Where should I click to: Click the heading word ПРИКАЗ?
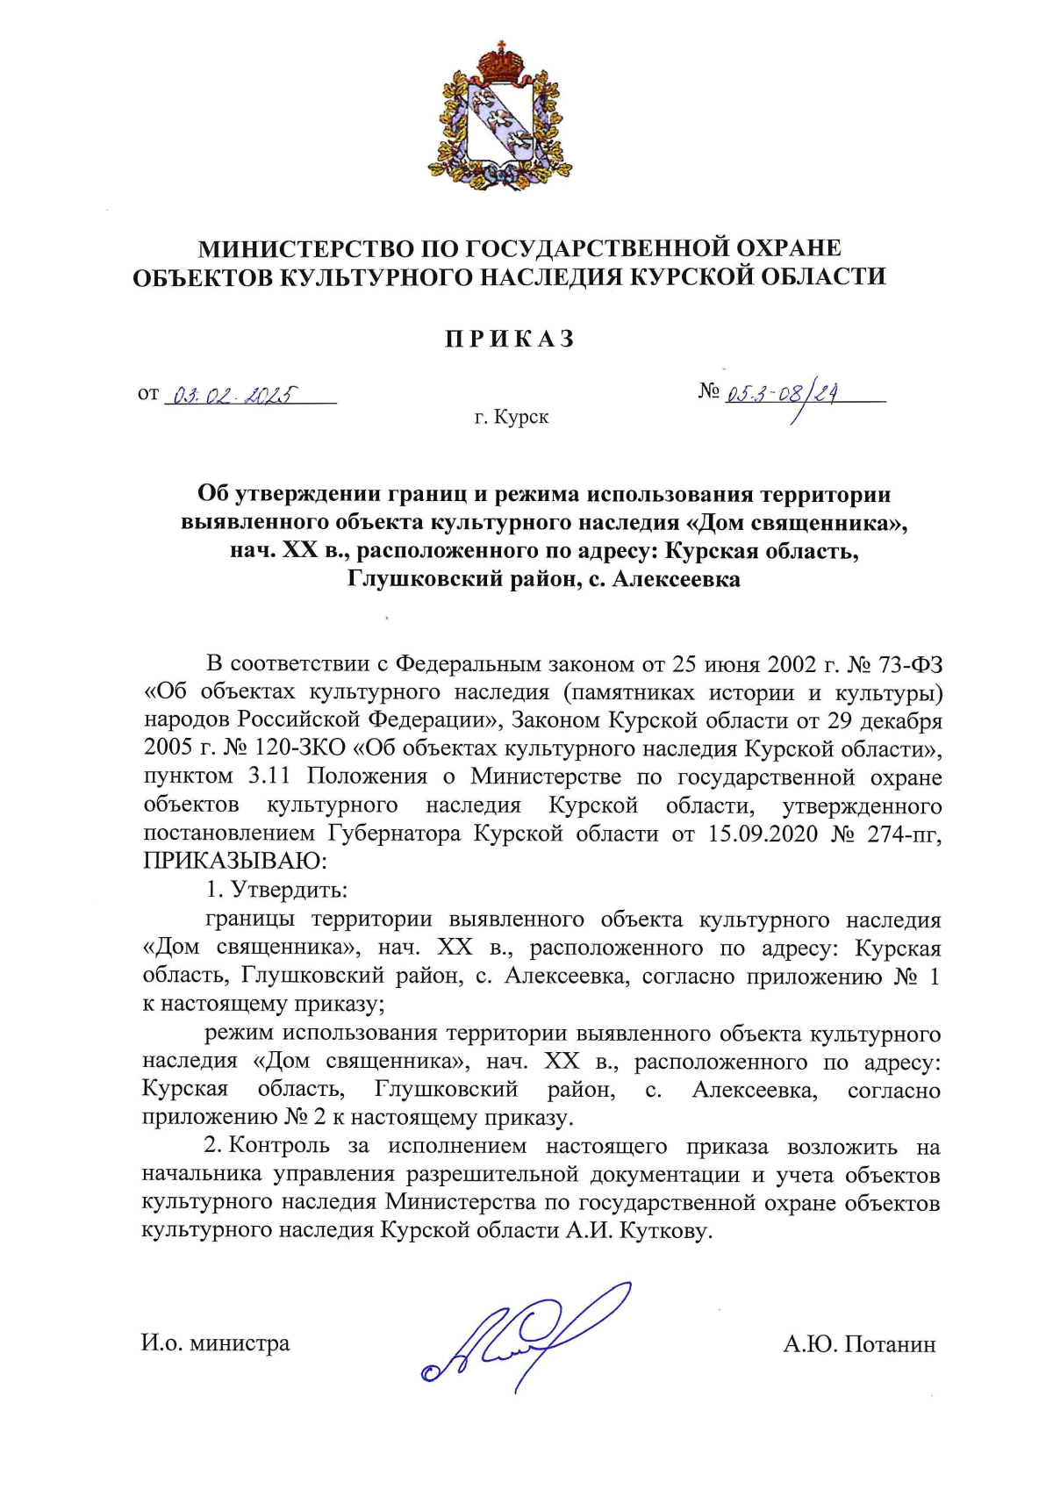(509, 340)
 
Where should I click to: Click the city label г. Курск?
(512, 417)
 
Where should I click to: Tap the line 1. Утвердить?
(277, 890)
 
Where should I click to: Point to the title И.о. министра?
(216, 1343)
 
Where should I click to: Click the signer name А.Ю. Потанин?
(859, 1344)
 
